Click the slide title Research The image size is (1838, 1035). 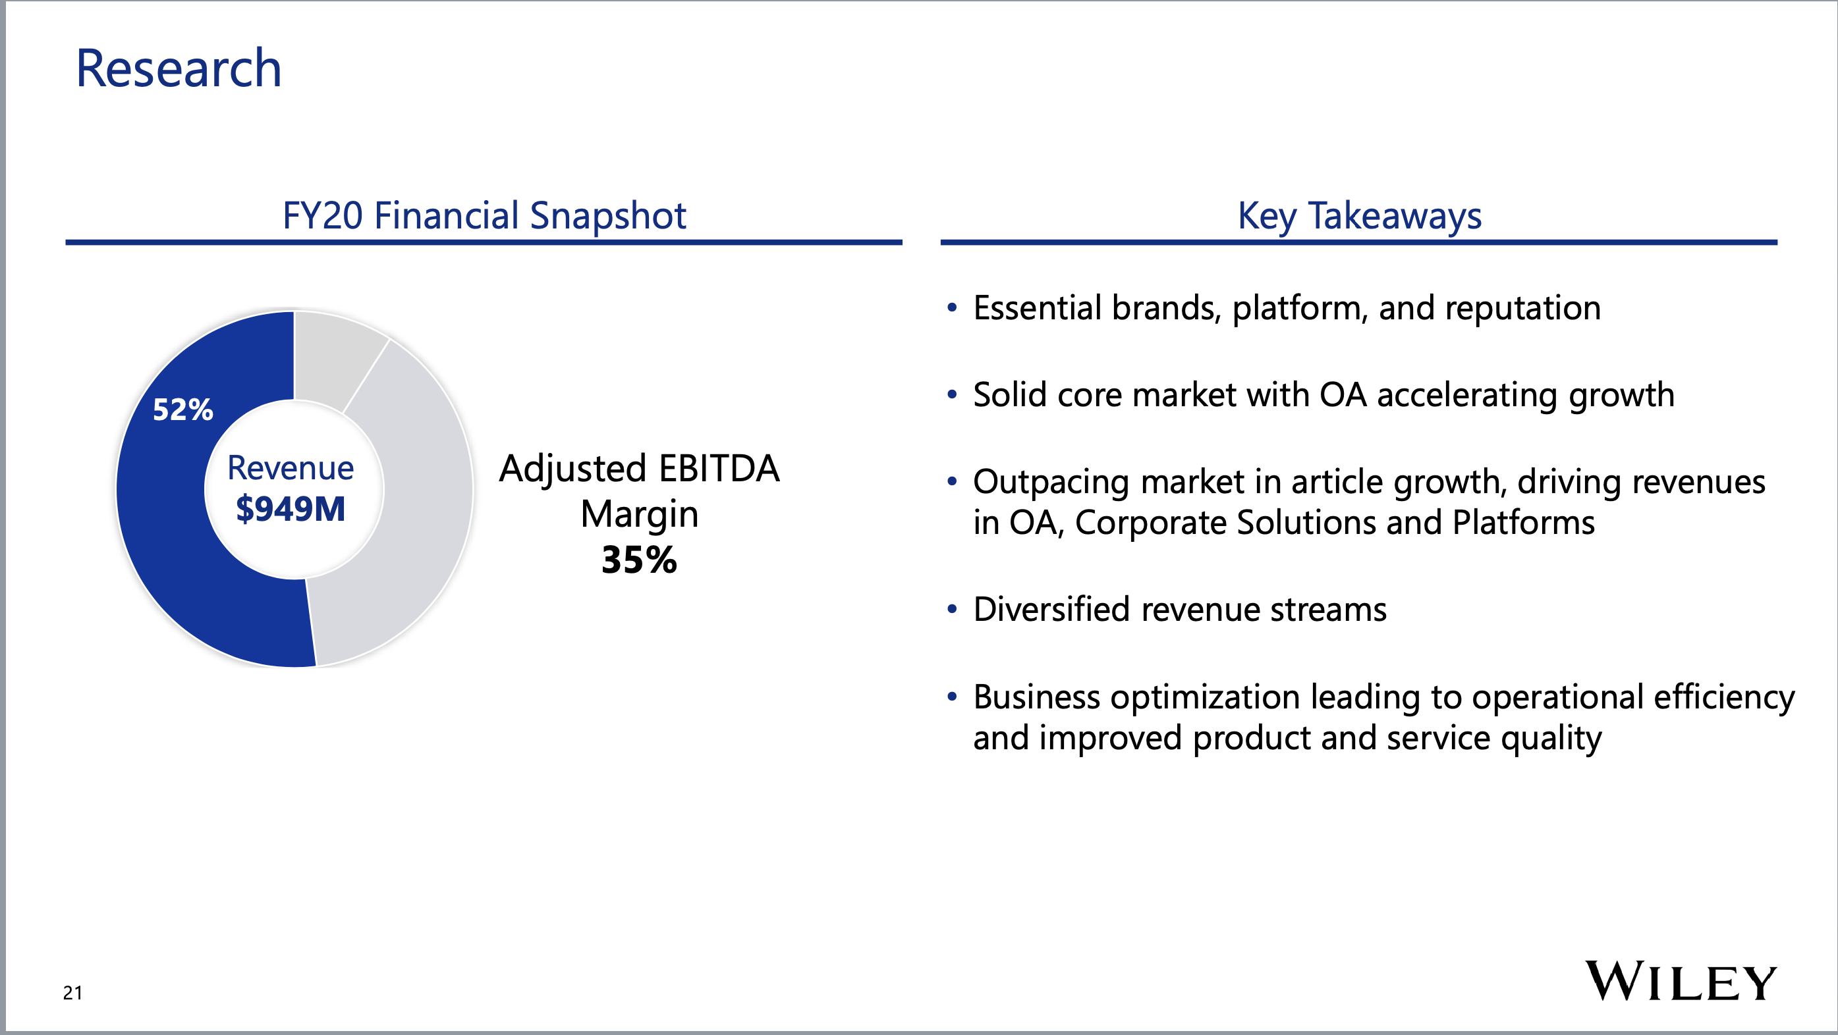pyautogui.click(x=179, y=68)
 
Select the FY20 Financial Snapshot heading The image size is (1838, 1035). pyautogui.click(x=484, y=215)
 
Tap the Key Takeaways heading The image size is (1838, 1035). pyautogui.click(x=1359, y=215)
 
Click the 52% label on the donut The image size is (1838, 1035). pyautogui.click(x=182, y=410)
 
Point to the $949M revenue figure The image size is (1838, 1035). pyautogui.click(x=291, y=508)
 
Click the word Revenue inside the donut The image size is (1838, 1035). pyautogui.click(x=291, y=468)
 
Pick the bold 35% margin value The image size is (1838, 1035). pyautogui.click(x=638, y=559)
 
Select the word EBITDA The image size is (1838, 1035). pyautogui.click(x=719, y=468)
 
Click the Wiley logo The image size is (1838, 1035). pyautogui.click(x=1681, y=982)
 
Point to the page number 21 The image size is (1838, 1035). pyautogui.click(x=72, y=992)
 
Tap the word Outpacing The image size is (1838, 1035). pyautogui.click(x=1051, y=483)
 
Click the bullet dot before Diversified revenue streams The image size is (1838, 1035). pyautogui.click(x=952, y=610)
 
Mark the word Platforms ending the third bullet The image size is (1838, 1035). pyautogui.click(x=1523, y=522)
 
